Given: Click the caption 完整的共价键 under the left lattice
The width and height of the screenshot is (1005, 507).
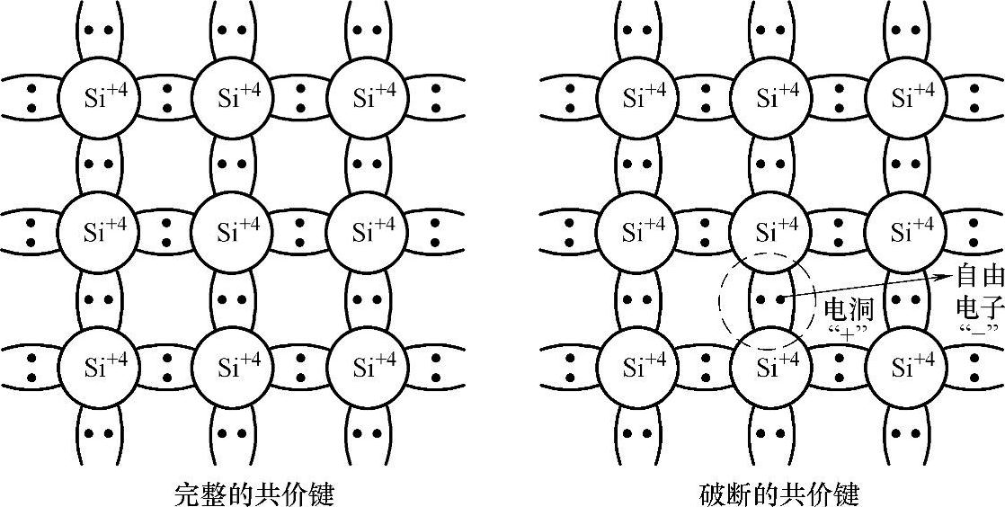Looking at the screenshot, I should (x=253, y=494).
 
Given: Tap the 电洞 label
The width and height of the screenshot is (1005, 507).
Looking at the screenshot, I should (x=849, y=309).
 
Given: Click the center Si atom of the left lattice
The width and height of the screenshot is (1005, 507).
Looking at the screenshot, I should (x=232, y=232).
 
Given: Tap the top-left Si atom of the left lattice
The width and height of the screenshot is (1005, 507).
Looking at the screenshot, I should (x=98, y=96).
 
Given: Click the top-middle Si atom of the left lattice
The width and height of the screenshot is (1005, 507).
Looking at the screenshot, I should (x=232, y=96).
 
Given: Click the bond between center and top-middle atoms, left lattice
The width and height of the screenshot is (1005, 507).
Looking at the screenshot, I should (x=232, y=165).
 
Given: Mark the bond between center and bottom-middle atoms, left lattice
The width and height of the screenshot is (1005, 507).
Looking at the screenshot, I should (x=232, y=299).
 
